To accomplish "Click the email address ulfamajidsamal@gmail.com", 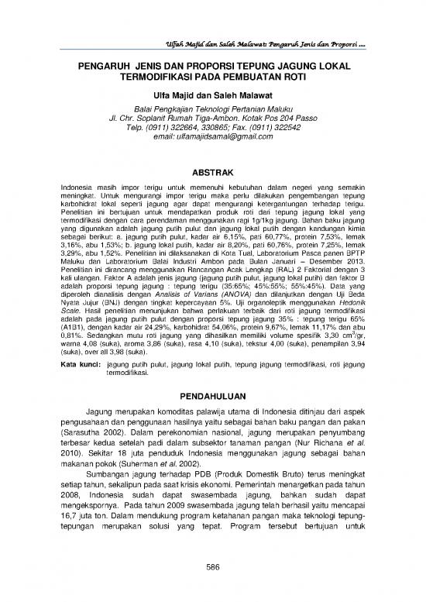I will click(213, 136).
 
